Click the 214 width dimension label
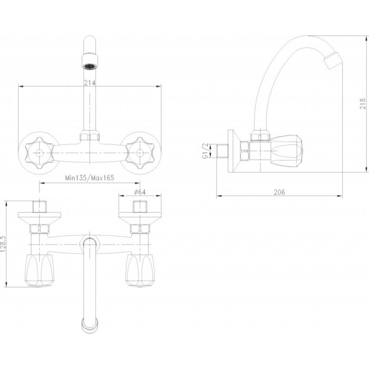(90, 83)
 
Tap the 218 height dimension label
(363, 103)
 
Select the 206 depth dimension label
(279, 192)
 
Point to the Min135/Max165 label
(90, 178)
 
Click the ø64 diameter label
(140, 192)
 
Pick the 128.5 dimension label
(3, 244)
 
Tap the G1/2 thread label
(206, 151)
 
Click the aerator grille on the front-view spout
(90, 66)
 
